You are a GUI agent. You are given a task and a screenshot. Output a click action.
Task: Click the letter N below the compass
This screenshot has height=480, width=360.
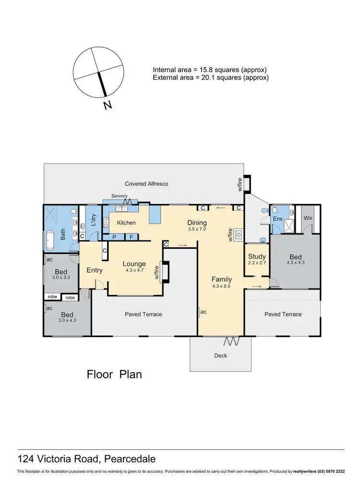pos(108,105)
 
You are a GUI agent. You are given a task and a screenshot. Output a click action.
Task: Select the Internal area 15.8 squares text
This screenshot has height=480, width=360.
pos(209,69)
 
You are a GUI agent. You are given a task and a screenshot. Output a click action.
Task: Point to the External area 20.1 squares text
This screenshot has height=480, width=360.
pos(210,77)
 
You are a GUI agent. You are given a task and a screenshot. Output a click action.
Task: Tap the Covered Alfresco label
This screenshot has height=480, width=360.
pos(146,184)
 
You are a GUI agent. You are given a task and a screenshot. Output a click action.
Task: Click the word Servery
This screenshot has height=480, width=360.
pos(119,196)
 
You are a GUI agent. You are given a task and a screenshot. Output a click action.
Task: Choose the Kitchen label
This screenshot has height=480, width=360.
pos(126,223)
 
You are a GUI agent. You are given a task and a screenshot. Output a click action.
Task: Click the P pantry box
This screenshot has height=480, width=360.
pos(115,237)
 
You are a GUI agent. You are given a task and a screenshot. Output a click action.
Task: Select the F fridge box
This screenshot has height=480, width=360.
pos(132,237)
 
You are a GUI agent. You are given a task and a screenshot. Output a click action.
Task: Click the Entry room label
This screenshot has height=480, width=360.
pos(95,270)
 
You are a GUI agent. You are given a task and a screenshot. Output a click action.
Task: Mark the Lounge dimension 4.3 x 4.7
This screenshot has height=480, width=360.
pos(134,270)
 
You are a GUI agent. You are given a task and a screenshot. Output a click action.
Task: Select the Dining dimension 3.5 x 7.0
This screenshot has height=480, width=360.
pos(197,229)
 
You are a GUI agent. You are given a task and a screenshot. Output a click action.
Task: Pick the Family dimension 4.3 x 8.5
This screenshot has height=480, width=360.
pos(222,287)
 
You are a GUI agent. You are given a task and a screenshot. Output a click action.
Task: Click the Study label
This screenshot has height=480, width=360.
pos(257,257)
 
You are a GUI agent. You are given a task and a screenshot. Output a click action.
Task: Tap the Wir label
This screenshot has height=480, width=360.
pos(308,218)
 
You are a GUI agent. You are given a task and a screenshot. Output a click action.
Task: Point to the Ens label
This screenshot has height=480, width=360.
pos(278,219)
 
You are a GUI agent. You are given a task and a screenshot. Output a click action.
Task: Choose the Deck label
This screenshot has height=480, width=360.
pos(220,356)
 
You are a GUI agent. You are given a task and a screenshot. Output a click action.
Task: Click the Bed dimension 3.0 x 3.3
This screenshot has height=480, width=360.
pos(61,277)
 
